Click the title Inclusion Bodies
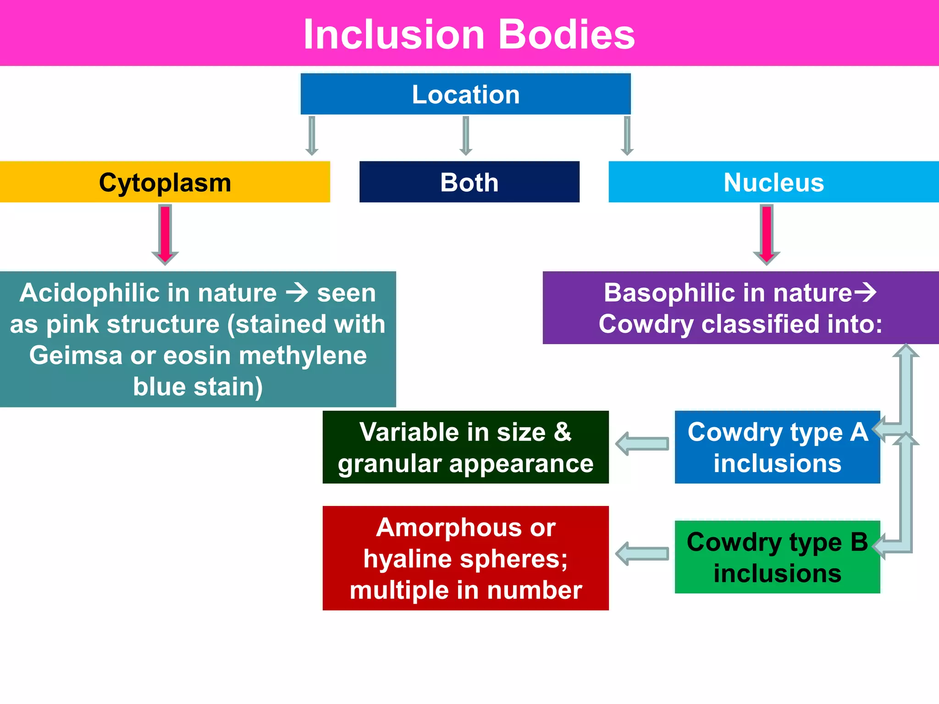click(x=469, y=34)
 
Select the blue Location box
click(x=465, y=94)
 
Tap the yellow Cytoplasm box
click(x=165, y=182)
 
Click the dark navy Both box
click(x=469, y=182)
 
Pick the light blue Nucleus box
click(x=773, y=182)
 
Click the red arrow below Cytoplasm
click(x=165, y=234)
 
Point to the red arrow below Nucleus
click(x=767, y=234)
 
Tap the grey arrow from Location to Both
click(x=466, y=136)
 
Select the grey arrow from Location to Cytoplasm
click(x=312, y=136)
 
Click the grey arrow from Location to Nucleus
click(x=627, y=136)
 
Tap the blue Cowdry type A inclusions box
click(x=777, y=447)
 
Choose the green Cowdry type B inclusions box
click(x=777, y=557)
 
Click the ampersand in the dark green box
click(x=563, y=432)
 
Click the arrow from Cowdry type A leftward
click(x=642, y=443)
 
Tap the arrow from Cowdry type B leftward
click(x=642, y=553)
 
